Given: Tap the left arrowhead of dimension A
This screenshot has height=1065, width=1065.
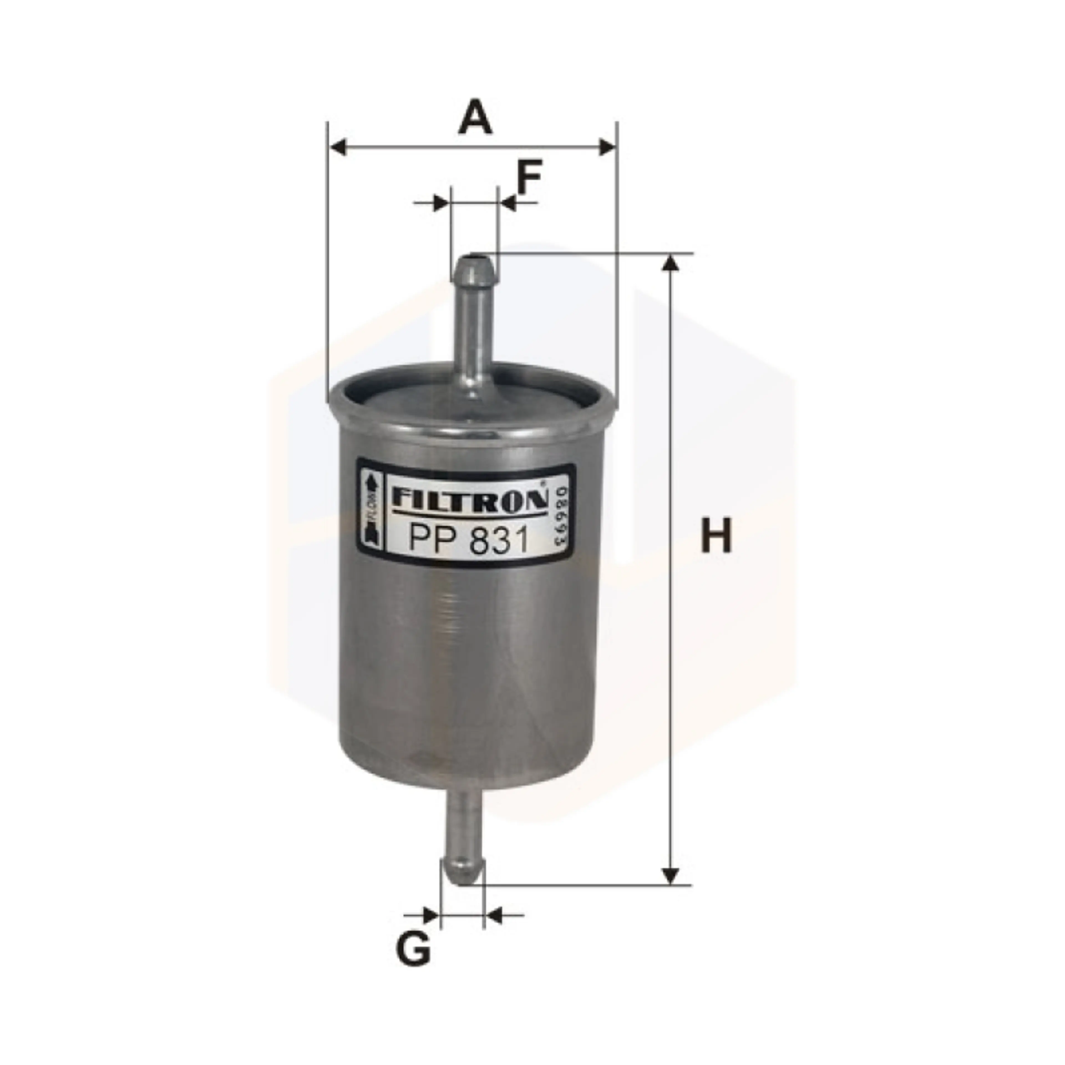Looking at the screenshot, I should click(x=337, y=148).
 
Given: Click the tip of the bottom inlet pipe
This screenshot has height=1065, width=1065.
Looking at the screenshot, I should click(x=463, y=882).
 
